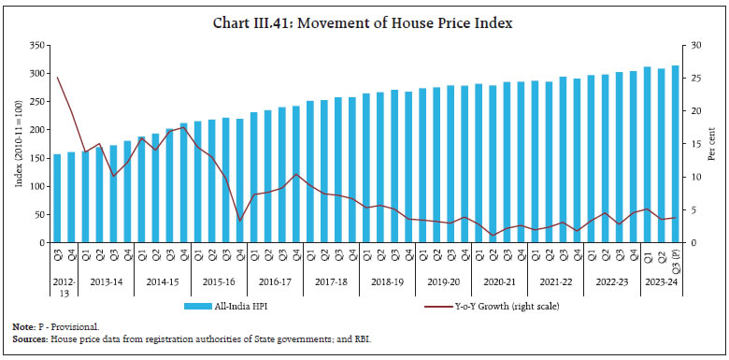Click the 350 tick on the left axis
[x=36, y=45]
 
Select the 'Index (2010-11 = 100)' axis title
[x=18, y=143]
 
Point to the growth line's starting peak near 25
[x=57, y=78]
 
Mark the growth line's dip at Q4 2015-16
[x=240, y=221]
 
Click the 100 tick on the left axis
[x=36, y=186]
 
